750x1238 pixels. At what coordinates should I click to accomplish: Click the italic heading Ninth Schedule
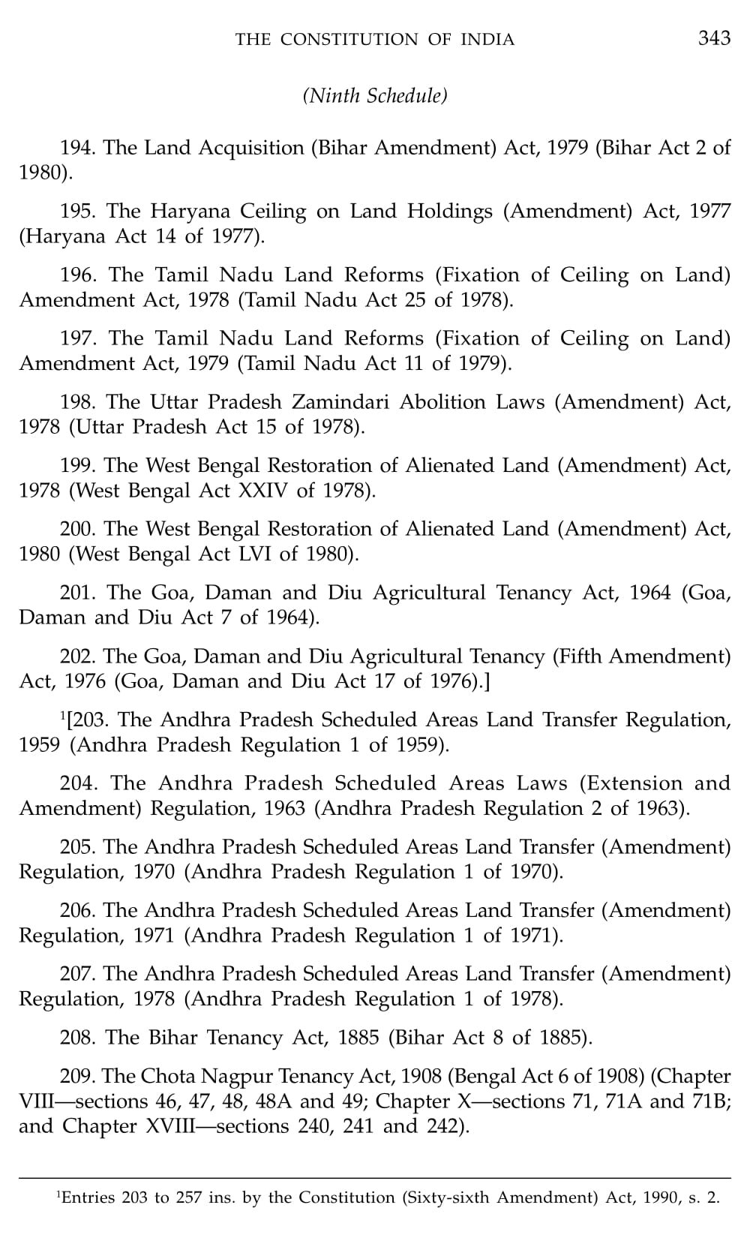coord(374,96)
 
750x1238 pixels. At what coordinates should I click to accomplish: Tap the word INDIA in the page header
coord(487,40)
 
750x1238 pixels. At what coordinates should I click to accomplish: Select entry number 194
coord(77,148)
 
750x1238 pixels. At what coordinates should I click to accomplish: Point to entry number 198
coord(78,402)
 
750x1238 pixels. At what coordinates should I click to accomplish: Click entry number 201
coord(78,593)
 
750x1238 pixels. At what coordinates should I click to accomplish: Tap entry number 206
coord(77,910)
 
